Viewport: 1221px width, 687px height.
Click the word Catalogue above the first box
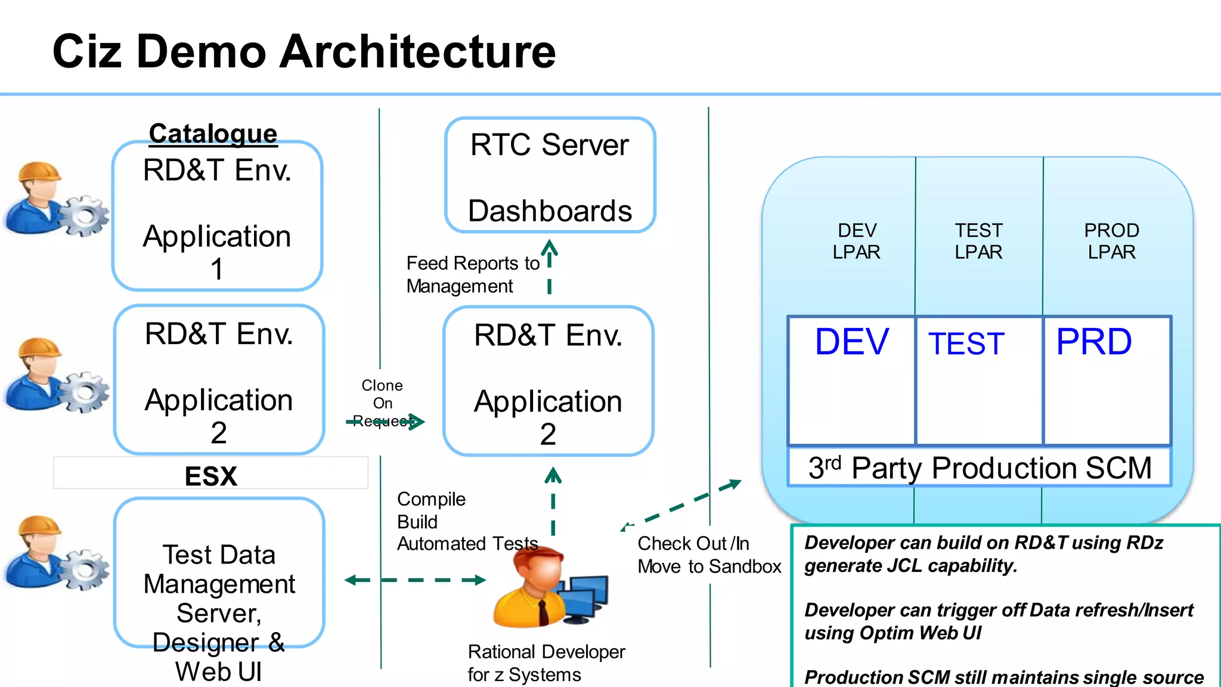tap(213, 134)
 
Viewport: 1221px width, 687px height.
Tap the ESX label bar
tap(210, 475)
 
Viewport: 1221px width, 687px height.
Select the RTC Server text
tap(549, 145)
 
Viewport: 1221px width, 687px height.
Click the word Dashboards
tap(549, 211)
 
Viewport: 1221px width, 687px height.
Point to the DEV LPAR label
tap(856, 241)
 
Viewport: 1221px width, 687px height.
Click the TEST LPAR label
tap(978, 241)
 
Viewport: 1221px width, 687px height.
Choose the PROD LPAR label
tap(1111, 241)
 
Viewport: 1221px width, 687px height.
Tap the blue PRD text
tap(1093, 342)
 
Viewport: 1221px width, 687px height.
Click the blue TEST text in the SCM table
tap(966, 344)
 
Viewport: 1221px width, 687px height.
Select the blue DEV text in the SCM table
tap(851, 342)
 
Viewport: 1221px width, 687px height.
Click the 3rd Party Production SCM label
tap(980, 468)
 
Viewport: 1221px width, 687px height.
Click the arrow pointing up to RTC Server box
tap(549, 265)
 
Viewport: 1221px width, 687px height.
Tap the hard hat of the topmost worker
tap(39, 172)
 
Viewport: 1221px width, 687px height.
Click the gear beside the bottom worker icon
tap(85, 569)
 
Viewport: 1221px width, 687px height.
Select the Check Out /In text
tap(693, 543)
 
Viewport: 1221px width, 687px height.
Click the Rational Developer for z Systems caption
tap(546, 663)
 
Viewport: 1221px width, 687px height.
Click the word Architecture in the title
tap(417, 52)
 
